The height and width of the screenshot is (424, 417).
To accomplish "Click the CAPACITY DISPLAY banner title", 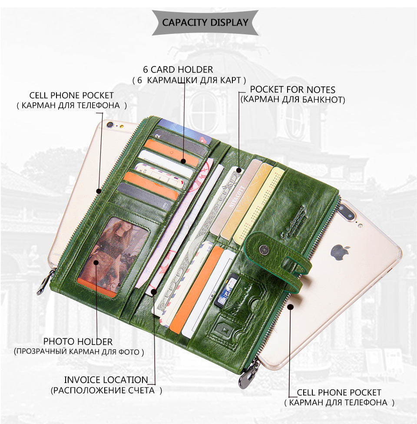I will point(205,23).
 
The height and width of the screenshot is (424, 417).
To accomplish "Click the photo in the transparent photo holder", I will point(114,254).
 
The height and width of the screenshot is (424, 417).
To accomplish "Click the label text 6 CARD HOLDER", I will point(178,70).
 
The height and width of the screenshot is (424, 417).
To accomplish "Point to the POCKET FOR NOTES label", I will point(292,90).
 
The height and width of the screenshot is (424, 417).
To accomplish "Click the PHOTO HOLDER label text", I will point(78,341).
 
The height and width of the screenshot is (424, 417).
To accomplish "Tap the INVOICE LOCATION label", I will point(106,380).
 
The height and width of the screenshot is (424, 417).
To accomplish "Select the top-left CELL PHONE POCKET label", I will point(71,95).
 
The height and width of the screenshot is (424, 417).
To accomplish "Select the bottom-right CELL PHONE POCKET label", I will point(339,393).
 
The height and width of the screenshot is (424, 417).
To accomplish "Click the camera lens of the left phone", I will point(109,125).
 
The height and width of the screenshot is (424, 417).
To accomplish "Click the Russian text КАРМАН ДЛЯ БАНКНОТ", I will point(292,100).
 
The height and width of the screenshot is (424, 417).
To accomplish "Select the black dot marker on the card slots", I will point(183,161).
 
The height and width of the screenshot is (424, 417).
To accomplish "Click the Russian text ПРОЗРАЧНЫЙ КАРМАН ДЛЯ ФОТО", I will point(79,351).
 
